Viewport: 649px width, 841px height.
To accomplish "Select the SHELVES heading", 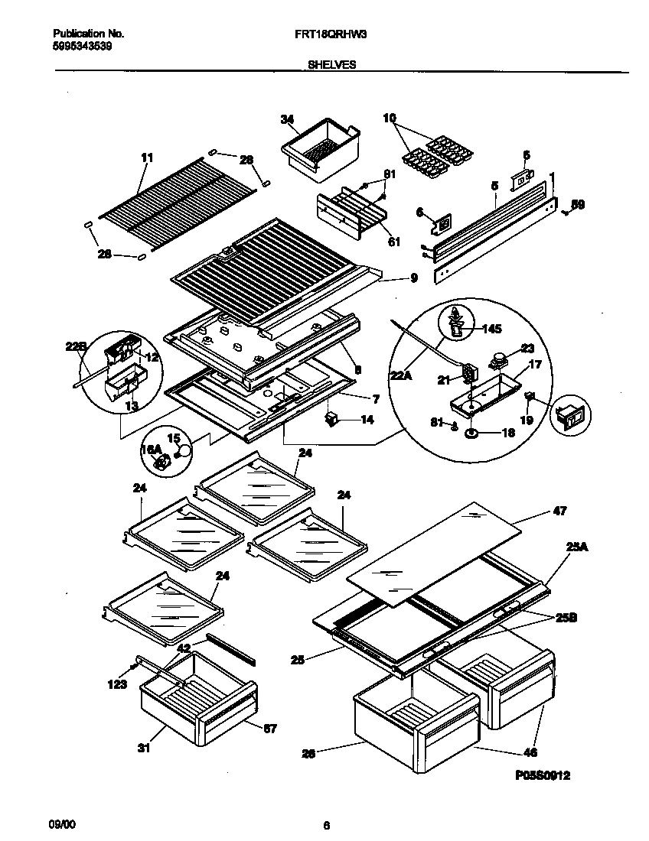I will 331,66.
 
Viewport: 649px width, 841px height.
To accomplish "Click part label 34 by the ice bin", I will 287,119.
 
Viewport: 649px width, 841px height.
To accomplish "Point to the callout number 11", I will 147,157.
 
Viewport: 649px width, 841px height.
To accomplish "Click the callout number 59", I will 579,205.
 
